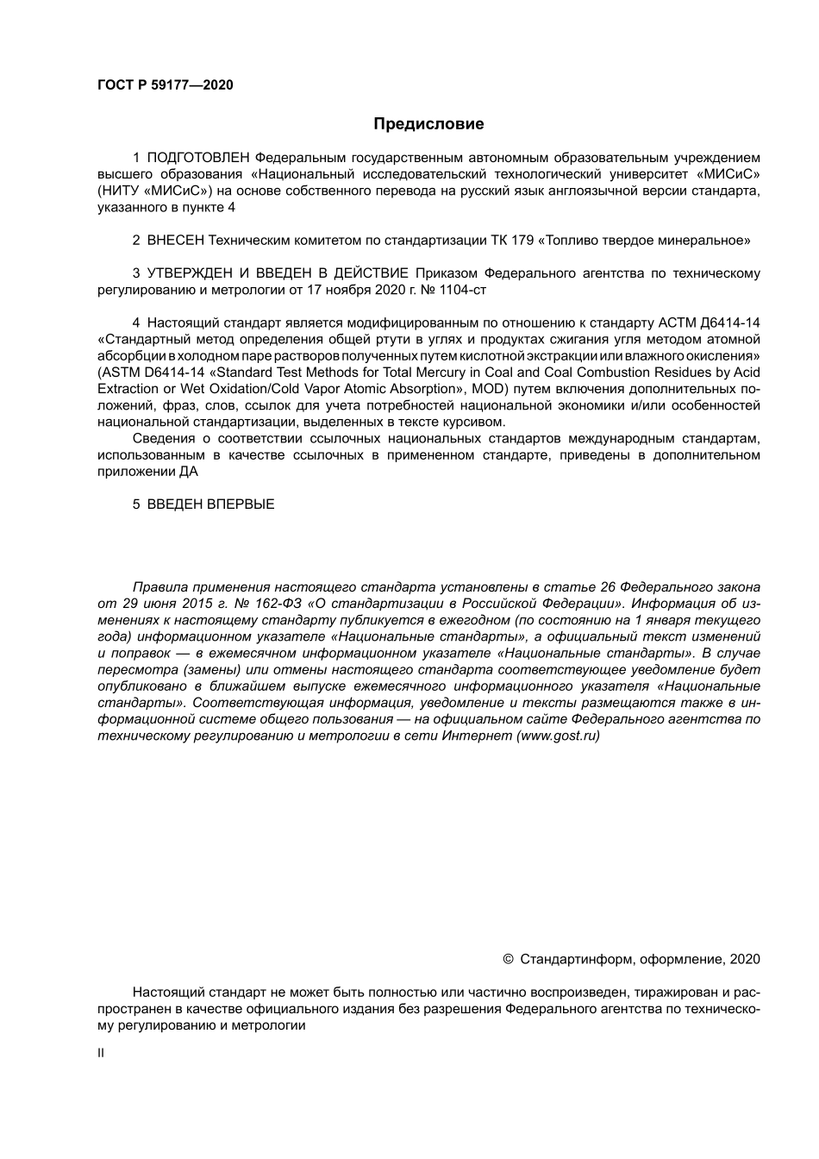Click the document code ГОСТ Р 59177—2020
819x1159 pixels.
pyautogui.click(x=166, y=85)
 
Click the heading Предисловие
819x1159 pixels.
pyautogui.click(x=428, y=123)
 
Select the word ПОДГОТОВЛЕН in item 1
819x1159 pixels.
pyautogui.click(x=198, y=157)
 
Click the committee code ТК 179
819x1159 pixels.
pyautogui.click(x=510, y=241)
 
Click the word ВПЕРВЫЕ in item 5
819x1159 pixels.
pyautogui.click(x=241, y=504)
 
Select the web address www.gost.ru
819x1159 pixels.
pyautogui.click(x=557, y=736)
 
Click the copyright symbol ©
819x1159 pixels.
pyautogui.click(x=508, y=959)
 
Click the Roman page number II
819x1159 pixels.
pyautogui.click(x=101, y=1053)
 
